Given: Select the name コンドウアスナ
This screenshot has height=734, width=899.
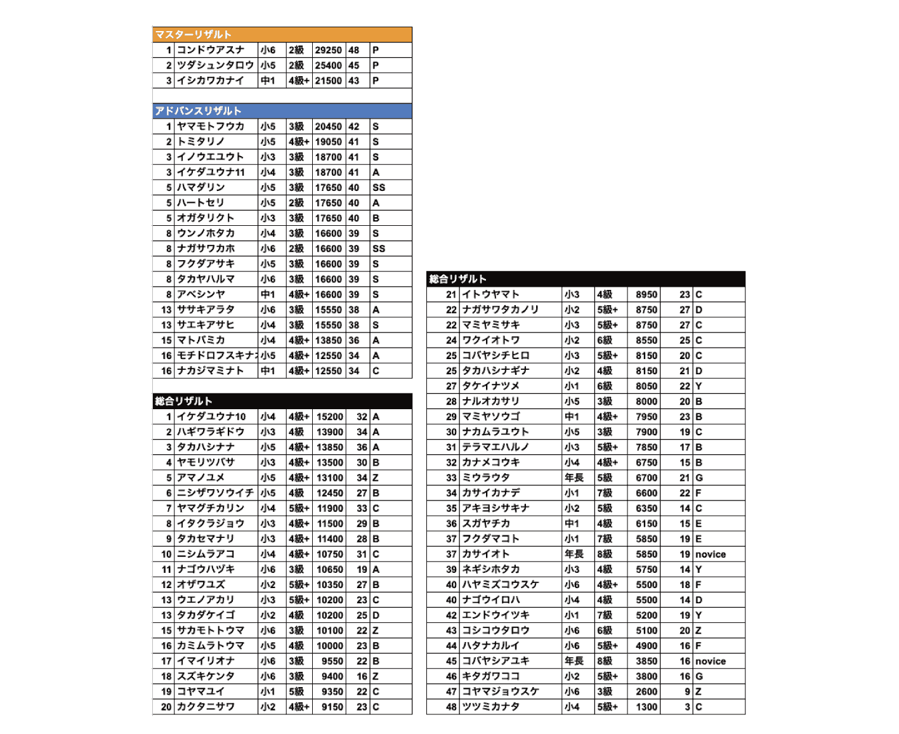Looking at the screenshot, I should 211,50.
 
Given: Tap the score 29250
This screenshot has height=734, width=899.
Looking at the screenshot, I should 329,50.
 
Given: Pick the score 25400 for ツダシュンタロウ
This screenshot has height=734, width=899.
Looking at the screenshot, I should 329,65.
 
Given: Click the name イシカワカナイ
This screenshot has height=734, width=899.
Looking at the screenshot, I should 211,81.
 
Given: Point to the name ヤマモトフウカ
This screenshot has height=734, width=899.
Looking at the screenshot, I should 211,126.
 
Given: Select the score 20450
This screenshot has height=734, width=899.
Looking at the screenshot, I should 329,126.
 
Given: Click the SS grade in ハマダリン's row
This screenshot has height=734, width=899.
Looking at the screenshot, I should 379,188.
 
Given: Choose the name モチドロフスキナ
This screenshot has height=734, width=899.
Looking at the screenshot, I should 216,355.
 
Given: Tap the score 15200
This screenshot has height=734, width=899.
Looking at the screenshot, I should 330,417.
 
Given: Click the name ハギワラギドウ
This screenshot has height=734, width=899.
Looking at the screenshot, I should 211,432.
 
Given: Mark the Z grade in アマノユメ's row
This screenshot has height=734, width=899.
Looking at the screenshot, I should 376,478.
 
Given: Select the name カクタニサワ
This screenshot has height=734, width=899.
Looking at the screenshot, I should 206,707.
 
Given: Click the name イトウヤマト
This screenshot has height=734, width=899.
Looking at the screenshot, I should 490,294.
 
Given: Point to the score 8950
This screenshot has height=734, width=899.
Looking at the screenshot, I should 646,294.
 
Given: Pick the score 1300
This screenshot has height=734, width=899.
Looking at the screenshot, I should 646,707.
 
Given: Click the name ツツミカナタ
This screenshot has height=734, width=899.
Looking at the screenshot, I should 490,707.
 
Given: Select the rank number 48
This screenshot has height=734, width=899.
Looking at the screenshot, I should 451,707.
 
